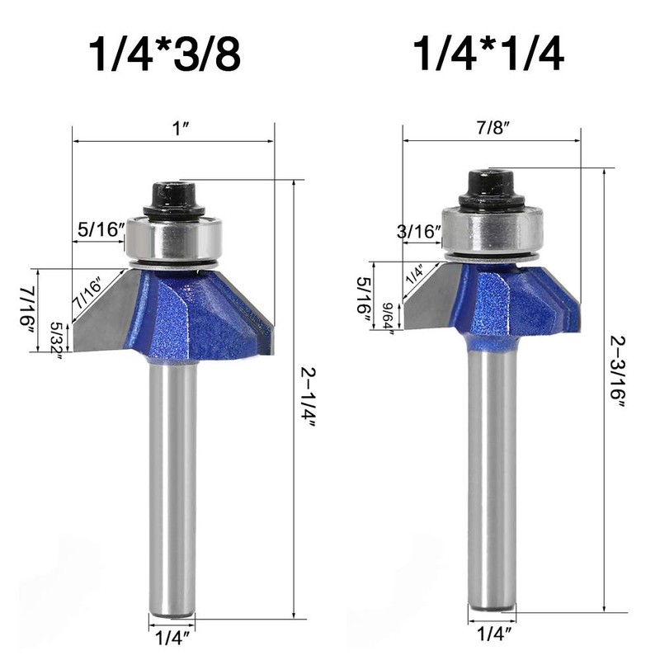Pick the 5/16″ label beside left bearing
(99, 230)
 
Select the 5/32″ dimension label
(57, 337)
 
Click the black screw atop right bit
(490, 188)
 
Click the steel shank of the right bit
(492, 478)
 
